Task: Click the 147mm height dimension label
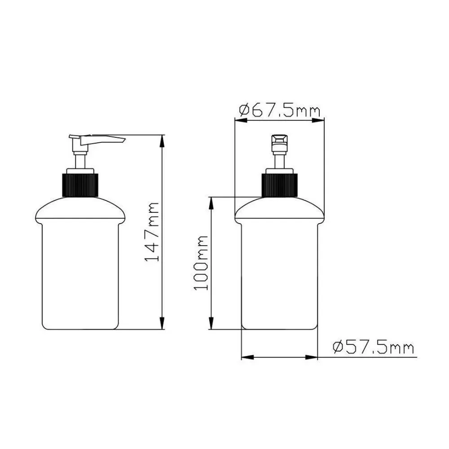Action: (x=151, y=232)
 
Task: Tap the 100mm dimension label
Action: (x=201, y=263)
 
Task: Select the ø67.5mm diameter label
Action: (x=279, y=110)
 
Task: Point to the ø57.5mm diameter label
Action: (x=374, y=348)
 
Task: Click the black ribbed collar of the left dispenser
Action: (x=80, y=185)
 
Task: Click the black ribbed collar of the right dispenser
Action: (x=279, y=185)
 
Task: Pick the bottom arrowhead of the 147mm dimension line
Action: (x=163, y=323)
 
